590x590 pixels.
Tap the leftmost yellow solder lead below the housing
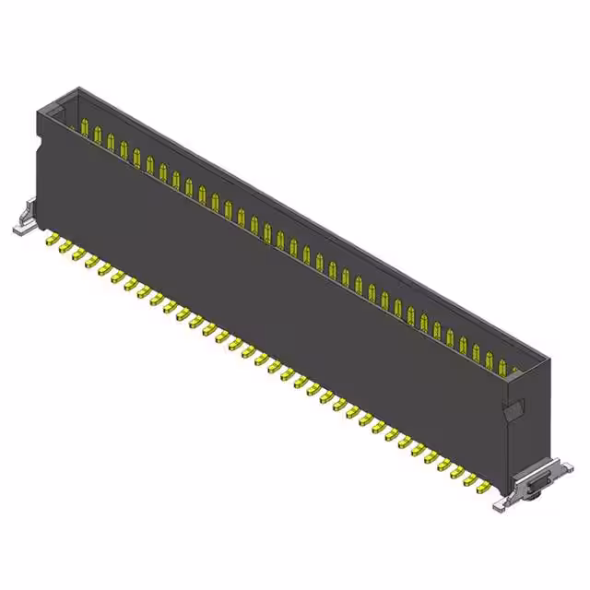pos(53,241)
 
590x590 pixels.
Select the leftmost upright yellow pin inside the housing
pos(85,129)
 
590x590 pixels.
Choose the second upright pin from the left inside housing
pos(98,136)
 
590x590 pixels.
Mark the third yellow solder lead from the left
pos(79,254)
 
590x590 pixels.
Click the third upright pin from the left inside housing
pos(111,143)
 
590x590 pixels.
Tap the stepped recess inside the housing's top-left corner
pos(56,112)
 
